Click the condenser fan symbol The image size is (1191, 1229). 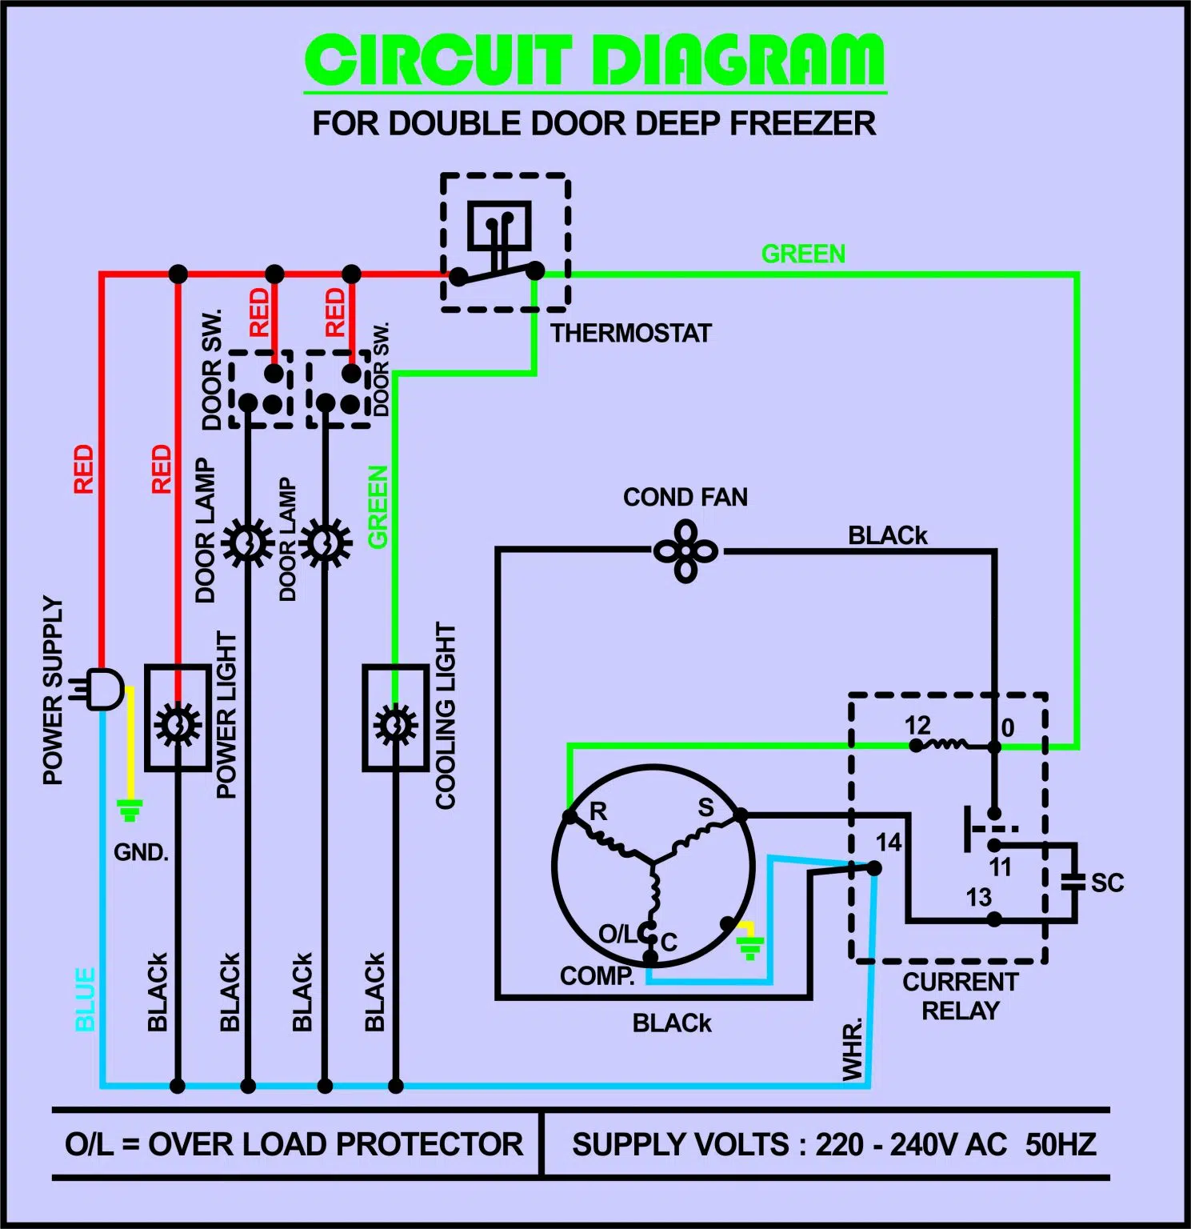click(x=685, y=551)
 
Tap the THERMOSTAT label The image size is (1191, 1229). click(x=631, y=333)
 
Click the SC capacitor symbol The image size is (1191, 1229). click(x=1072, y=882)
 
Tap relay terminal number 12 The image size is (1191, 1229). click(x=917, y=726)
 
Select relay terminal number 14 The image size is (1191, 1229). click(x=889, y=843)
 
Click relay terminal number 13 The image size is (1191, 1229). click(x=978, y=897)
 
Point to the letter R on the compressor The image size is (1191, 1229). click(x=598, y=811)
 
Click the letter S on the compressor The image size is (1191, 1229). click(x=705, y=807)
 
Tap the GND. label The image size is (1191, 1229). click(x=141, y=852)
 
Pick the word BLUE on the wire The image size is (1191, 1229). click(x=86, y=999)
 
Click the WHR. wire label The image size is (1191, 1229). click(x=853, y=1049)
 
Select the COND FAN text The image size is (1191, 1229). click(x=685, y=497)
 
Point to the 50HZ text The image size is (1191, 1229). click(x=1061, y=1145)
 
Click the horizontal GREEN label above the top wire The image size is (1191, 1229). click(x=803, y=254)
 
